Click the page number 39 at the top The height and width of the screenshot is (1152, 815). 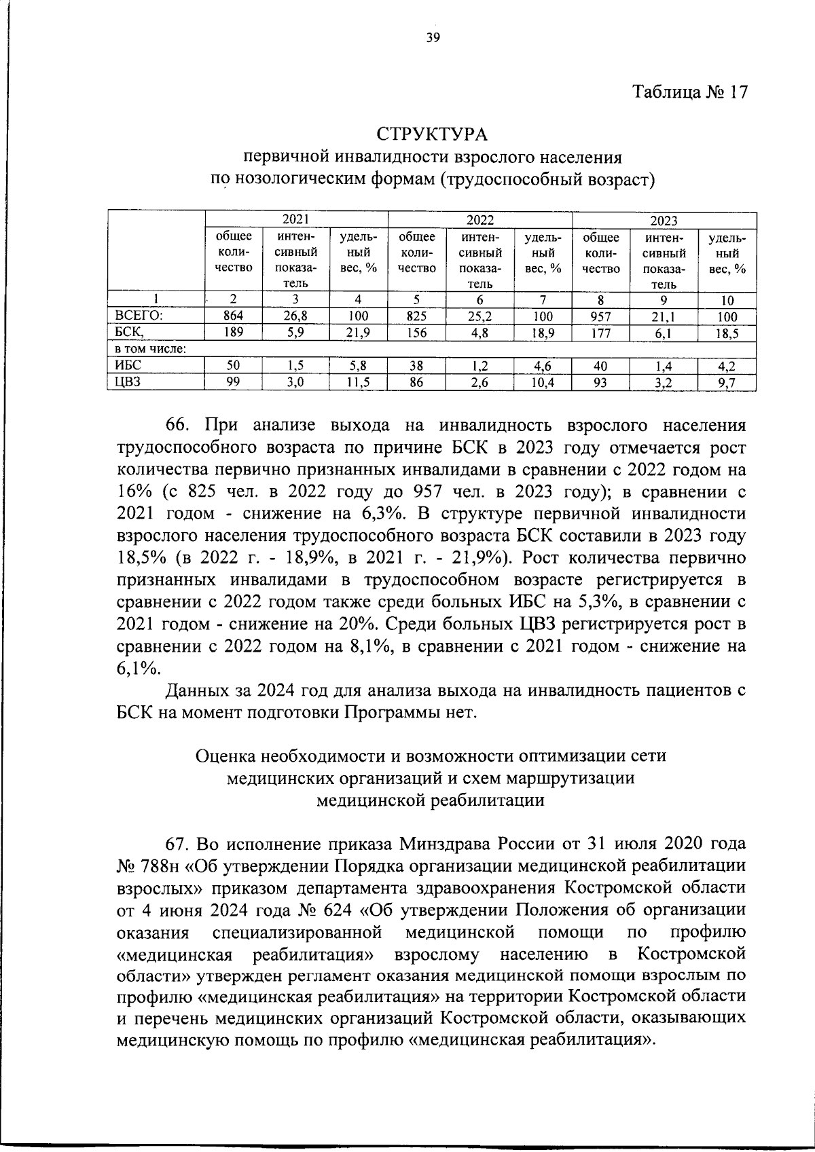433,38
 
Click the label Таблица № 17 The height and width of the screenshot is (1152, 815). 690,92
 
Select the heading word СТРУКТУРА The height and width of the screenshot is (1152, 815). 433,134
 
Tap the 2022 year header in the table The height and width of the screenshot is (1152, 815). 479,220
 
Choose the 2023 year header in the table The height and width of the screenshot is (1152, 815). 664,221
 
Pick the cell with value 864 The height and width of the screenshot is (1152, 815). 233,316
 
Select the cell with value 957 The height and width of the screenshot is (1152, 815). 600,316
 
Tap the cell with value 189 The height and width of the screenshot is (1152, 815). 233,332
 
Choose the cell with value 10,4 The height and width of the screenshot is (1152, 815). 542,382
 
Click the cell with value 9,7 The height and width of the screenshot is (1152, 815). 727,383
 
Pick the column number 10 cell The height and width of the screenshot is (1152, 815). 727,300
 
